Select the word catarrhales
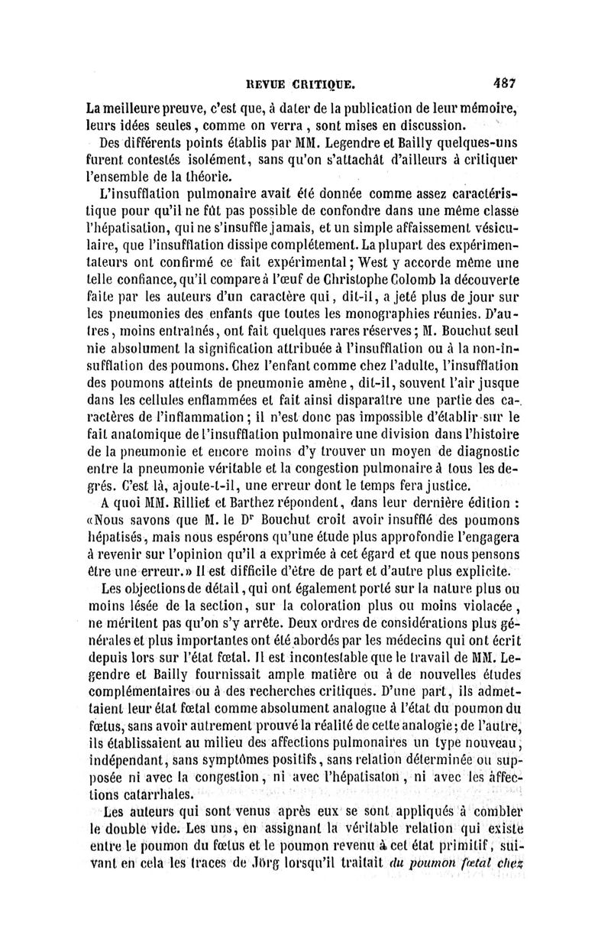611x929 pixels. point(144,793)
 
